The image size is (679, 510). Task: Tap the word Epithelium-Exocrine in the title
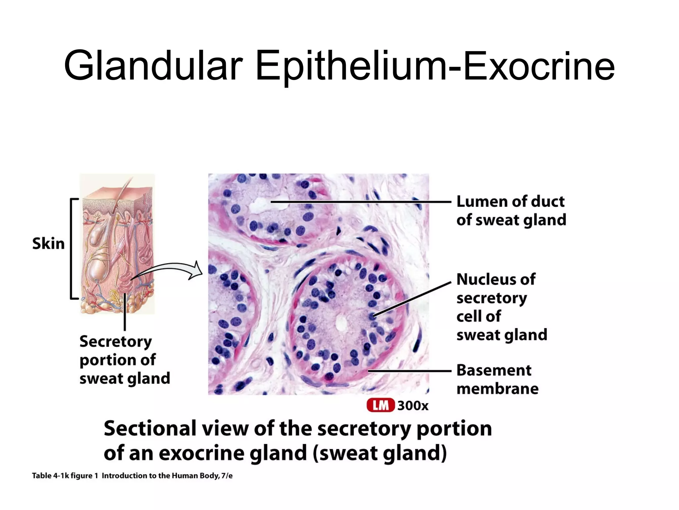435,66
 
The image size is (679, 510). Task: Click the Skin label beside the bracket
48,244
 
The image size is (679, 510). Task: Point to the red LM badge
381,405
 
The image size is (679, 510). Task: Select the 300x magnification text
413,406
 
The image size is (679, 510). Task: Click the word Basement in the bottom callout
494,370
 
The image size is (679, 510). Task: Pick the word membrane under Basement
497,389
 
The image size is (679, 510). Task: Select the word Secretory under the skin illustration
116,342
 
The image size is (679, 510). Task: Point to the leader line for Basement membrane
410,371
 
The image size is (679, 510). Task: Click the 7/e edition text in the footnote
227,476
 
